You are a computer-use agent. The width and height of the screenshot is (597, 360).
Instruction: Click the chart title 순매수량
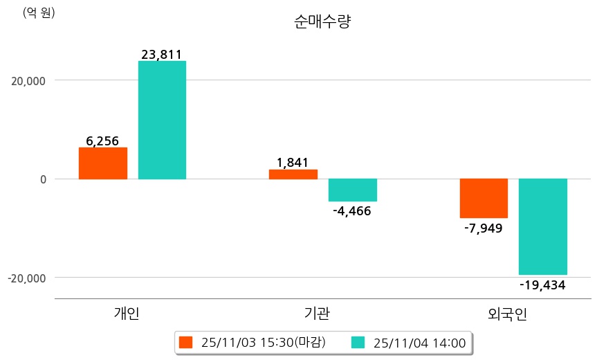322,22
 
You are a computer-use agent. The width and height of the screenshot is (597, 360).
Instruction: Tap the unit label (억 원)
39,13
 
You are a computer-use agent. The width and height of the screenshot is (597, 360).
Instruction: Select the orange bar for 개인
102,163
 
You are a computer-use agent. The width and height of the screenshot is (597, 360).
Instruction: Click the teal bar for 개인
162,120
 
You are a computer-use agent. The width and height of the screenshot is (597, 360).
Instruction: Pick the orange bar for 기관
293,174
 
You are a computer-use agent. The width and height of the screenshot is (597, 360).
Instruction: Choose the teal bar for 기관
352,190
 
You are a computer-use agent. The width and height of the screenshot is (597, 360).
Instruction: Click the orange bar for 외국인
484,198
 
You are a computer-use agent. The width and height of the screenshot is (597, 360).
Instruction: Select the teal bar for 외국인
543,226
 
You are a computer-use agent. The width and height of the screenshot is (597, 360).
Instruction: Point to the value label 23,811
161,54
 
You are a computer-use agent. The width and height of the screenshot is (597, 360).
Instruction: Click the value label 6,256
102,141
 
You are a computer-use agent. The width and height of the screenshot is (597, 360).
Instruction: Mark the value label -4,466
352,211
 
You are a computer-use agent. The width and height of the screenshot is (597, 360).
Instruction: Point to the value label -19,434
543,285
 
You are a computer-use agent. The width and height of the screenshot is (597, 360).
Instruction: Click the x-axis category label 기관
317,314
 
